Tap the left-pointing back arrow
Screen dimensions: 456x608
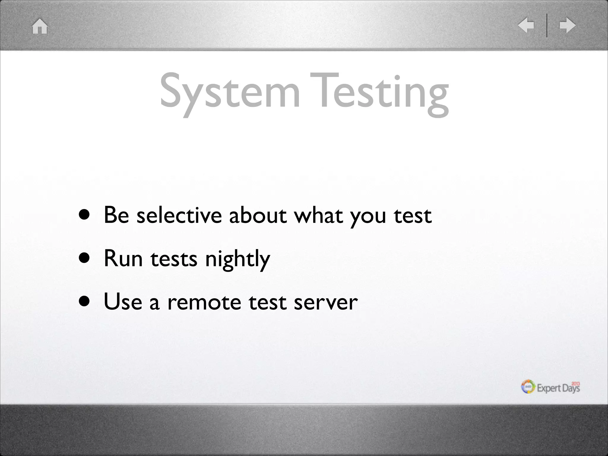[526, 25]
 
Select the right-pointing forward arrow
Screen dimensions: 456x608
[567, 25]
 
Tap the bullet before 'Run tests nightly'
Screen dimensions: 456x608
[84, 258]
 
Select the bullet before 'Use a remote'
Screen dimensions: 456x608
[84, 302]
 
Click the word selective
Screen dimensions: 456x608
[179, 215]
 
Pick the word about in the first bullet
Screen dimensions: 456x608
[258, 215]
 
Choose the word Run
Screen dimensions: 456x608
[123, 258]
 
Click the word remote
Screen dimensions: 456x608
[204, 302]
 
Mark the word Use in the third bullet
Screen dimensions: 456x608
[123, 302]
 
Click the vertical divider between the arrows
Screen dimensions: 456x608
[547, 25]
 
